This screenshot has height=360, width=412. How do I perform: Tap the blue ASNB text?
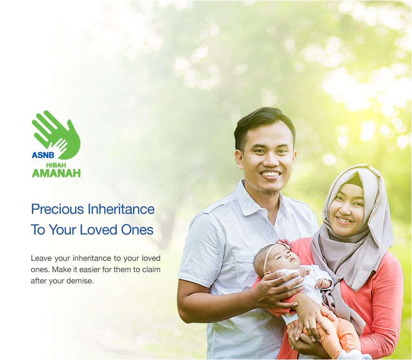[x=43, y=155]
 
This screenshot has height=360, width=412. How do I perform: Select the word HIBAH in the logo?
[x=56, y=166]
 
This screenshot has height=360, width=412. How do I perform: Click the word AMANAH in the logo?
[x=56, y=173]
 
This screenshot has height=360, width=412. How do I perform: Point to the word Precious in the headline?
[x=57, y=209]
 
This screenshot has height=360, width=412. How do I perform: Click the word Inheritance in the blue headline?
[x=121, y=209]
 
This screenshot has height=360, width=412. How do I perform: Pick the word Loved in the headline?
[x=99, y=230]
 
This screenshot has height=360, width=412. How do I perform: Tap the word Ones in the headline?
[x=137, y=230]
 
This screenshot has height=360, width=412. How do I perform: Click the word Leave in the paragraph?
[x=41, y=258]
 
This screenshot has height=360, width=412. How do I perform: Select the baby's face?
[x=286, y=259]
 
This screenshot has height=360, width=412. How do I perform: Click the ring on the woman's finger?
[x=293, y=348]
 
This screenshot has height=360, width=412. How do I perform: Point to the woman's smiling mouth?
[x=344, y=220]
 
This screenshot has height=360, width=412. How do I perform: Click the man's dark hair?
[x=263, y=123]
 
